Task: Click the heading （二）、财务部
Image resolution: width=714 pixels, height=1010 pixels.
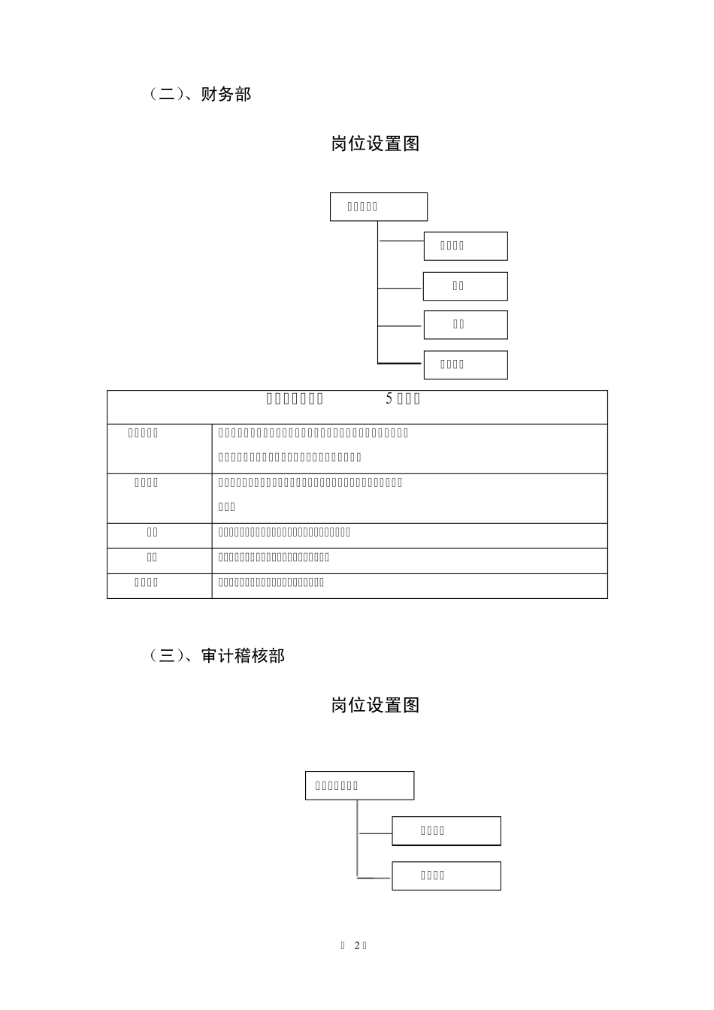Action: (x=201, y=94)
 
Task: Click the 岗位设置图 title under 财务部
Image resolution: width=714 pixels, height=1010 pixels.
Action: (x=375, y=144)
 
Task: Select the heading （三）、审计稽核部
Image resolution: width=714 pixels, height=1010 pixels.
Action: (x=217, y=655)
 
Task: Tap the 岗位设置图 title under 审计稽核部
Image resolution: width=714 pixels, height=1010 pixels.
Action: (x=375, y=705)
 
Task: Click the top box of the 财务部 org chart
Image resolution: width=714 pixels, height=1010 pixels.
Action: (x=379, y=207)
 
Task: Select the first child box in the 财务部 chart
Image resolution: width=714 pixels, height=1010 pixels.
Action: (x=465, y=246)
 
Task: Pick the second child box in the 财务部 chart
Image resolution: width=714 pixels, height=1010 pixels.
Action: (x=465, y=286)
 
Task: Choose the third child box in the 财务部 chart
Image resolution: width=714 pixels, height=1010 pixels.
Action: (x=465, y=325)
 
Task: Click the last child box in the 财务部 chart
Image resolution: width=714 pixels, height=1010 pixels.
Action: (x=465, y=364)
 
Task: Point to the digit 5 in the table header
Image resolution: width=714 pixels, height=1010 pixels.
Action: (x=389, y=399)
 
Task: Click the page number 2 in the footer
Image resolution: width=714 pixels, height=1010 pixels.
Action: (x=357, y=945)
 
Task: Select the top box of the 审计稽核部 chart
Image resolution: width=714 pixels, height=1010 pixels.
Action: (x=359, y=785)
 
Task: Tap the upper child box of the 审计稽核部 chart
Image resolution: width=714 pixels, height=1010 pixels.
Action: (x=446, y=830)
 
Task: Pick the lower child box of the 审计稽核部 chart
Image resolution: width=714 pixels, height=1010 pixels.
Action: (x=446, y=875)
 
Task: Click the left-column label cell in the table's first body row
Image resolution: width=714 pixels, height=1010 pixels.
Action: (x=159, y=449)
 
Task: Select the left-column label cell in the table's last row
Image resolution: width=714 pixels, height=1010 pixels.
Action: (x=159, y=586)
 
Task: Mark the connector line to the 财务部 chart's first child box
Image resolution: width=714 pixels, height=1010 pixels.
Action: (x=401, y=241)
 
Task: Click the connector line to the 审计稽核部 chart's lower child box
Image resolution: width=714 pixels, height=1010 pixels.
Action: (x=374, y=877)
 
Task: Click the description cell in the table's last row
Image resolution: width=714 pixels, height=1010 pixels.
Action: (x=410, y=586)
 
